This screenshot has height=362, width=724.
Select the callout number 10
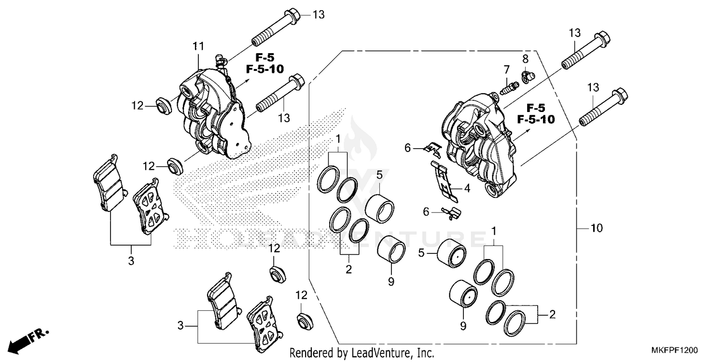597,228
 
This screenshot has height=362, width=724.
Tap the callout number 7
507,69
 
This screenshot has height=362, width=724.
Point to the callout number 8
526,59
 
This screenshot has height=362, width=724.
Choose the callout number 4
467,188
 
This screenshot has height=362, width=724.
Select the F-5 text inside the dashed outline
536,107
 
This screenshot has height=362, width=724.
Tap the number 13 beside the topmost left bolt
319,14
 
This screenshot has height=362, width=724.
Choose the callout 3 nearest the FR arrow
181,326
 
